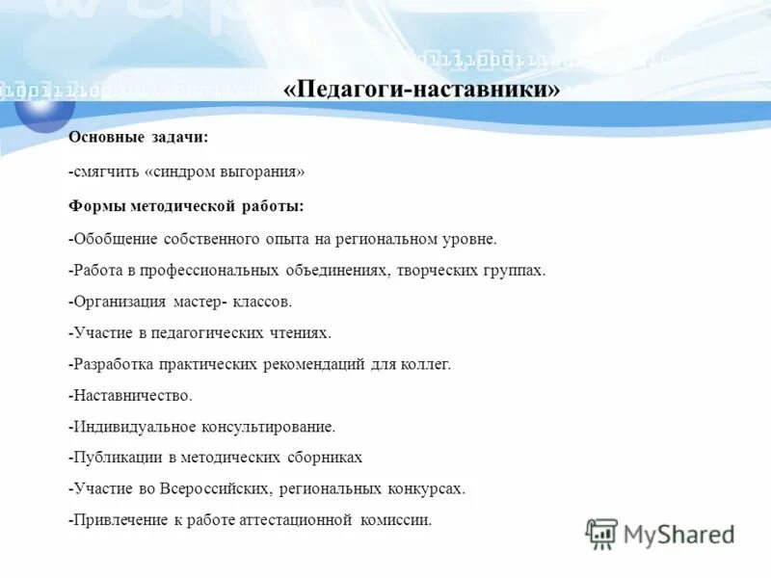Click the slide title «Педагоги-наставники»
[422, 90]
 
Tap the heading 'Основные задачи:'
[138, 138]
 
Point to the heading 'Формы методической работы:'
[186, 205]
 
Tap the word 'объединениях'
[338, 270]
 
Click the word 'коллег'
[425, 364]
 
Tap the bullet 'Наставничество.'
[131, 395]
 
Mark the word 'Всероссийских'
[215, 488]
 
